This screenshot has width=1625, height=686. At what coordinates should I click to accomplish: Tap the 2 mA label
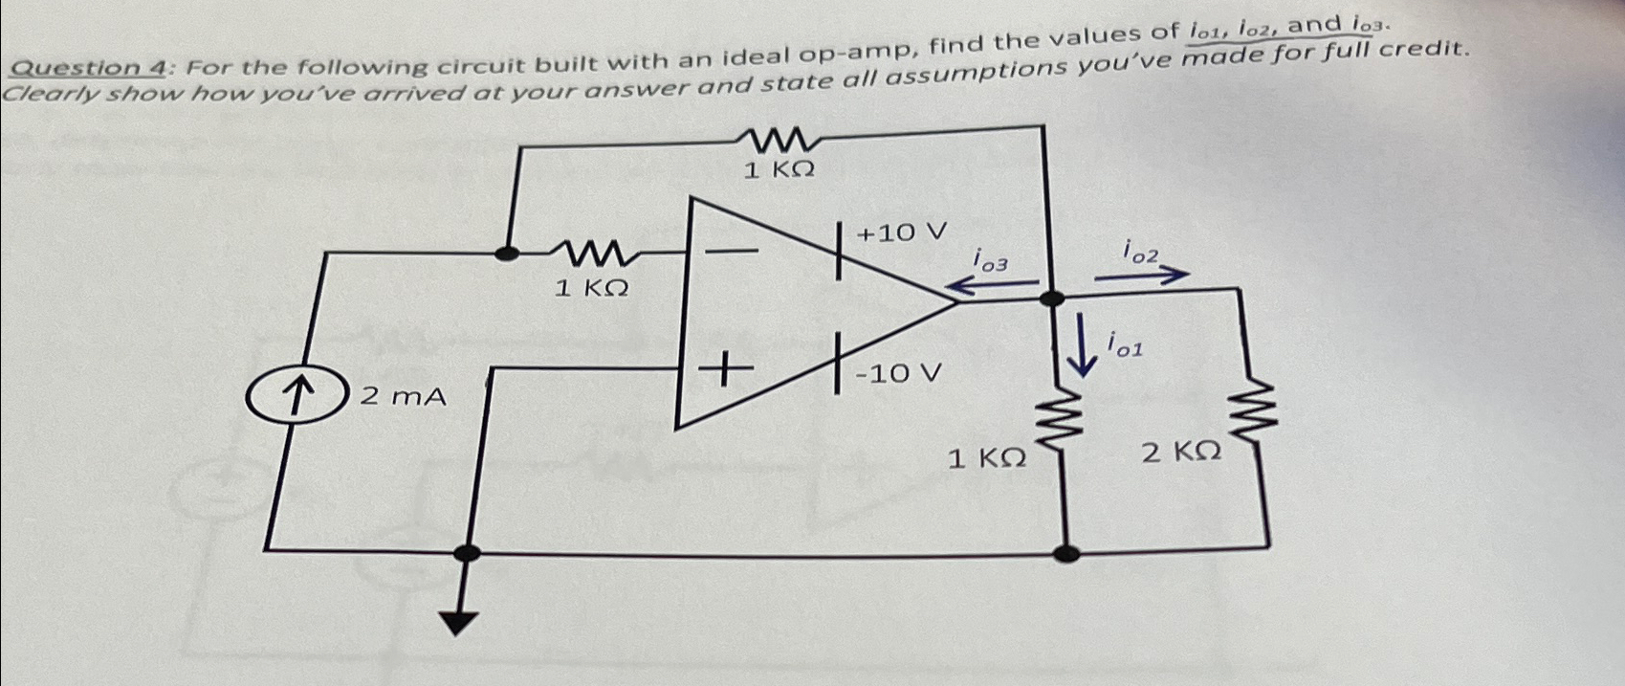pyautogui.click(x=403, y=395)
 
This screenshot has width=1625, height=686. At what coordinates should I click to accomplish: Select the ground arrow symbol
pyautogui.click(x=461, y=621)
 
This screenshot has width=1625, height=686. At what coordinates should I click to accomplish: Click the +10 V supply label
pyautogui.click(x=901, y=232)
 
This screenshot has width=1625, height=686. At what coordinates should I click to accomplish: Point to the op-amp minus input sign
pyautogui.click(x=731, y=252)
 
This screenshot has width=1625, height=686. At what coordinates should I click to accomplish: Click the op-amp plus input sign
pyautogui.click(x=723, y=368)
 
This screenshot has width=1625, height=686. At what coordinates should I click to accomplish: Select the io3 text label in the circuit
pyautogui.click(x=989, y=258)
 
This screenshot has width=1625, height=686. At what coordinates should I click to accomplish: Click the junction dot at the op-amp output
pyautogui.click(x=1051, y=298)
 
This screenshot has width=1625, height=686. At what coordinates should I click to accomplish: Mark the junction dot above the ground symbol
pyautogui.click(x=467, y=552)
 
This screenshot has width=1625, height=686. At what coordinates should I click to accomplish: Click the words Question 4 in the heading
pyautogui.click(x=91, y=67)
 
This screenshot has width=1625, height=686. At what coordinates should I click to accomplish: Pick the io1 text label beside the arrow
pyautogui.click(x=1125, y=344)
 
